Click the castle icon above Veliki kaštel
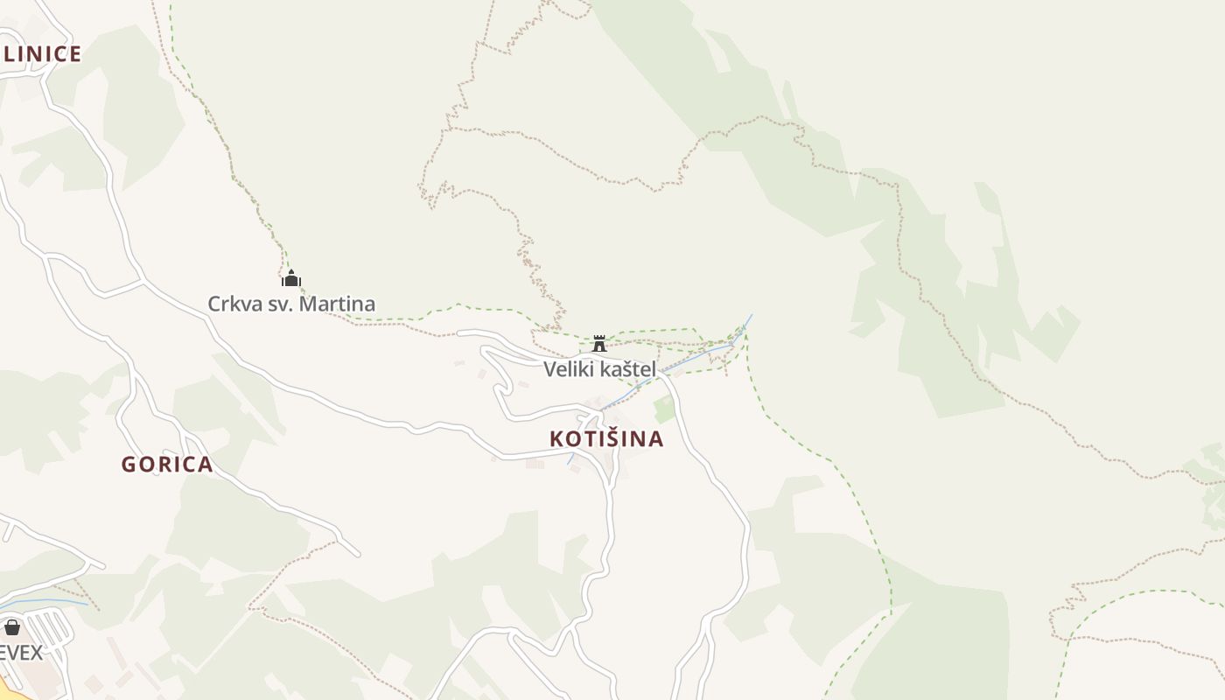tap(599, 343)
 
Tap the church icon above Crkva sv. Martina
tap(291, 278)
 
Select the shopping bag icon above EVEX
tap(12, 627)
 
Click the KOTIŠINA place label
tap(606, 438)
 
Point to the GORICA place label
tap(167, 465)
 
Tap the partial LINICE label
tap(41, 54)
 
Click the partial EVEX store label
tap(21, 653)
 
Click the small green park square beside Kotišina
tap(665, 409)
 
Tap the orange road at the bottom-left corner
tap(7, 689)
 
